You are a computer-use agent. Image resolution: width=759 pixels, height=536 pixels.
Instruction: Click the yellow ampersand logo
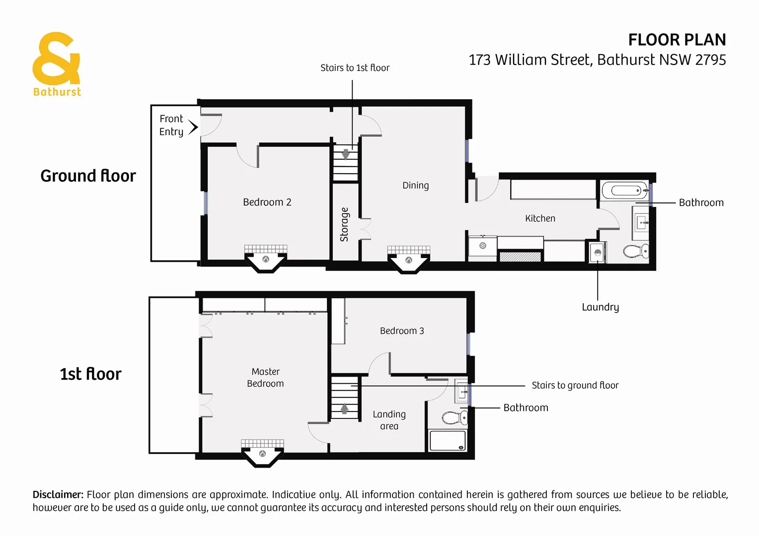56,59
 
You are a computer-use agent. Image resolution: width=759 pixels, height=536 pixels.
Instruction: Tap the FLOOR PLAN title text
677,40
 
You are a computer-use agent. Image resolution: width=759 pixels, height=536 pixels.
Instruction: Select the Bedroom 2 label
267,202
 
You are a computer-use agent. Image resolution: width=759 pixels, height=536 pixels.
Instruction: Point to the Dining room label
415,185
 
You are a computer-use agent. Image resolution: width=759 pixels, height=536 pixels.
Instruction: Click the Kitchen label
540,218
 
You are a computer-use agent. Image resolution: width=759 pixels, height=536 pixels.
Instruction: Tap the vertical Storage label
344,224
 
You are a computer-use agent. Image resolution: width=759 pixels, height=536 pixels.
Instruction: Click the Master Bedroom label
265,378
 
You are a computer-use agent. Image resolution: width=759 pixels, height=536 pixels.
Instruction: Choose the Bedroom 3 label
402,331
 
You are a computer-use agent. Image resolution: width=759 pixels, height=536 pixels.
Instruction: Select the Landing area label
389,420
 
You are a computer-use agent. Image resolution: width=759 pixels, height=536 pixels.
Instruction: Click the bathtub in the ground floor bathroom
625,191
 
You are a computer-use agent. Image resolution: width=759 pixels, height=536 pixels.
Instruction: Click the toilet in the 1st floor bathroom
455,418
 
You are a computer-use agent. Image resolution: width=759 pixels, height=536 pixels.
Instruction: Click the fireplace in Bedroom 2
266,259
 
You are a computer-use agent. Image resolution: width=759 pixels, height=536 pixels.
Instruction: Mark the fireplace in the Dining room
408,260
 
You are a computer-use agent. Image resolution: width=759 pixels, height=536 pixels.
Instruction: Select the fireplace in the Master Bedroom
262,453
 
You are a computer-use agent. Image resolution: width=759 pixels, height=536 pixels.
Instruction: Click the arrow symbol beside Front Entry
193,127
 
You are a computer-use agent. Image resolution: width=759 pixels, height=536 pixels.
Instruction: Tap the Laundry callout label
600,307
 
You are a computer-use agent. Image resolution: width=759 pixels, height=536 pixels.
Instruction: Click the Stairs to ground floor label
575,386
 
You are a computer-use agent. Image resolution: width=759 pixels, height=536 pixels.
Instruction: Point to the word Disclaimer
58,495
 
